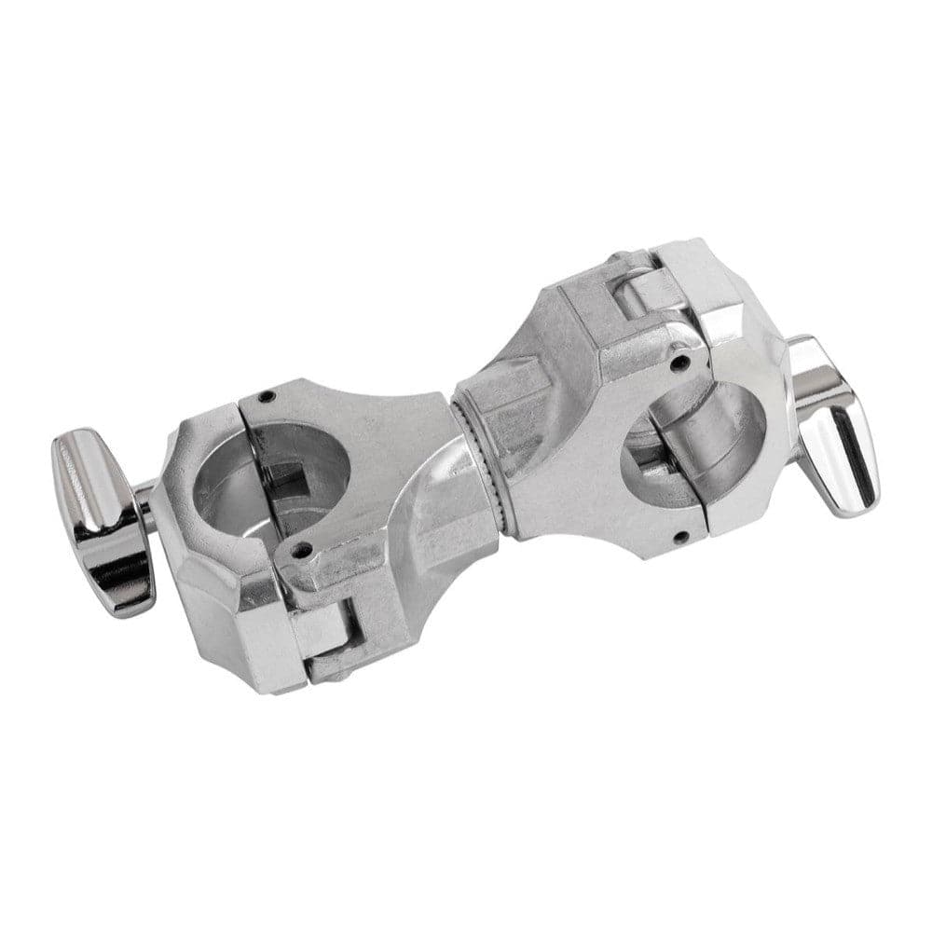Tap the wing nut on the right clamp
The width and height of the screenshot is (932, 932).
(832, 424)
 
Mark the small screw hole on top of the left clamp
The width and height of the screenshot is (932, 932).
(267, 397)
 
